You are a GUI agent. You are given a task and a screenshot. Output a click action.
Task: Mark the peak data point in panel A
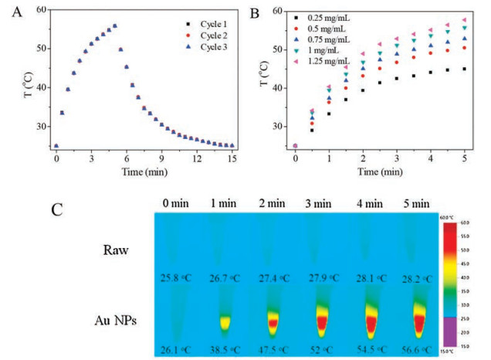(115, 25)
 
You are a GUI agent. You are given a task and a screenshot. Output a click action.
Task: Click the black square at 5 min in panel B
(465, 69)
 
